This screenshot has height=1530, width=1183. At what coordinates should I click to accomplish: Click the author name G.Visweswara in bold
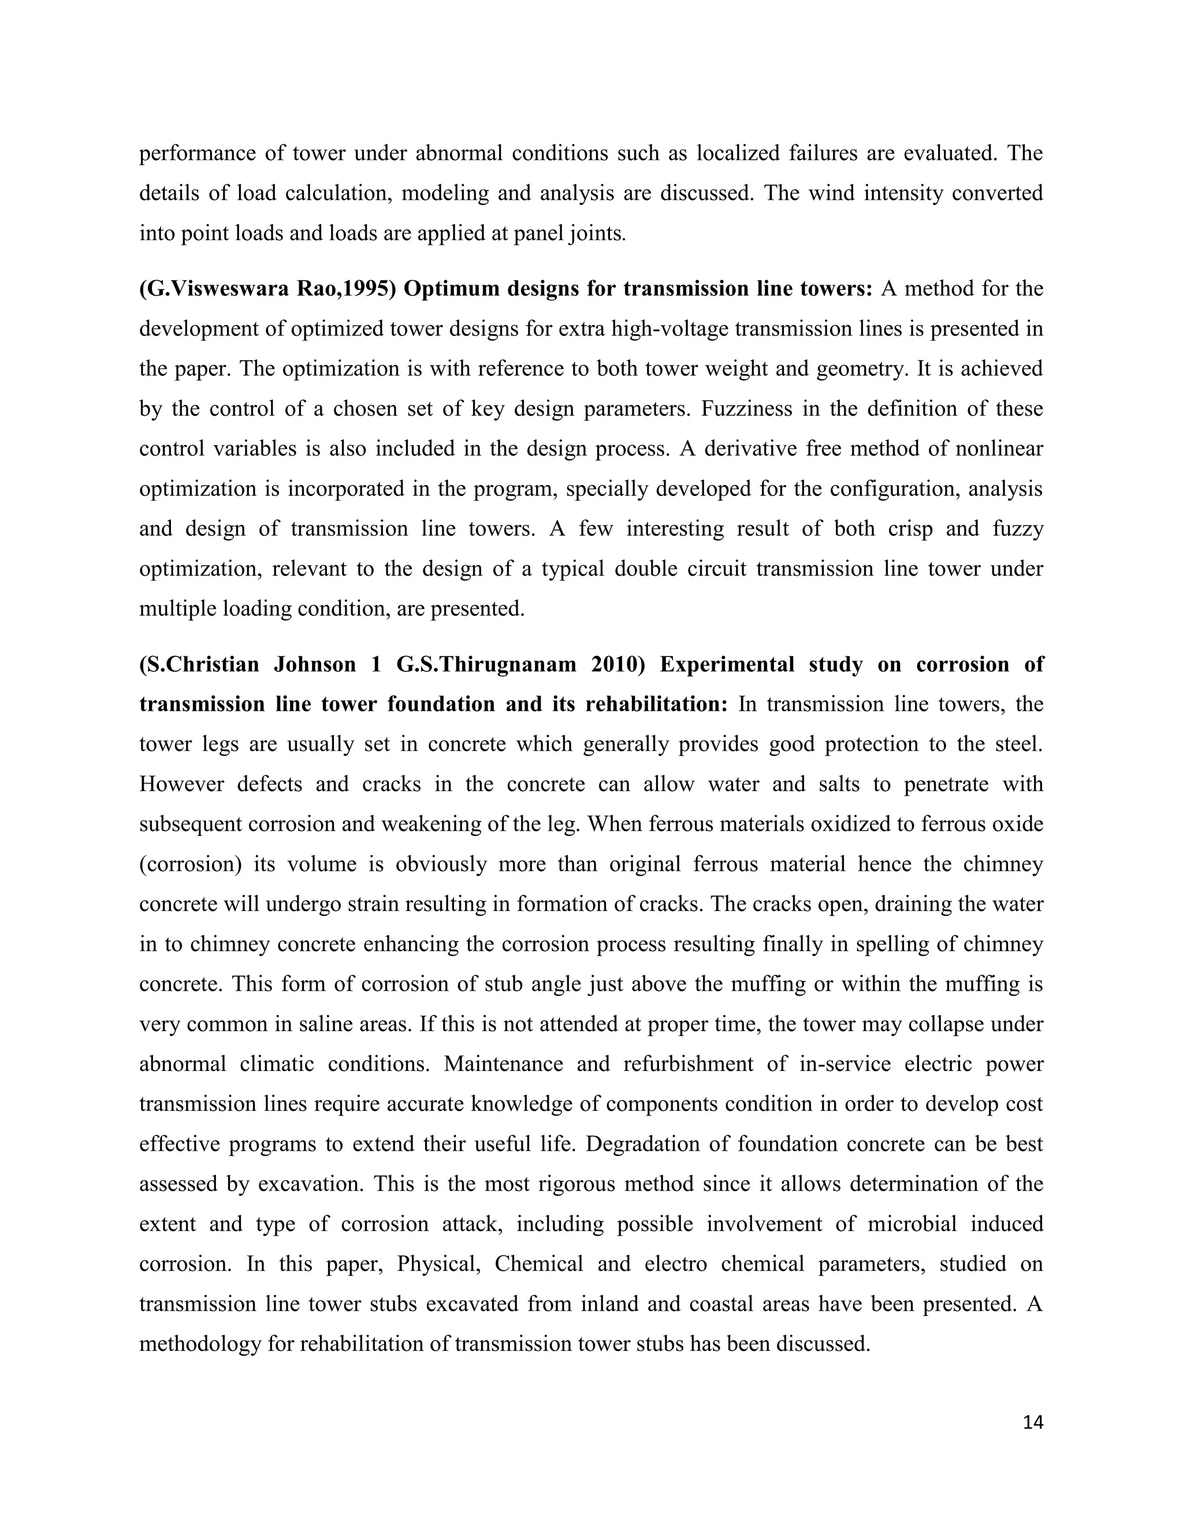coord(213,289)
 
